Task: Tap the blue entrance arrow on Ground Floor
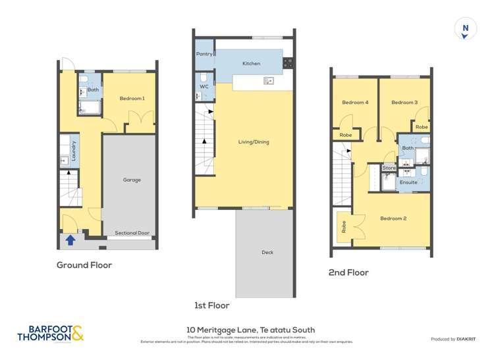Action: pos(70,240)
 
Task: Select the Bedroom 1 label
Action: pos(132,99)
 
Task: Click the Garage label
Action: pos(132,179)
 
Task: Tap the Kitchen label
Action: pos(252,64)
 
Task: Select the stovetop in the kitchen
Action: pos(288,63)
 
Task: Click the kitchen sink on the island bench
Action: pos(269,81)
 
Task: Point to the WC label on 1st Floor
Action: pos(203,85)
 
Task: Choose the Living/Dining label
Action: pos(254,141)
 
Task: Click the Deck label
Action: pos(267,252)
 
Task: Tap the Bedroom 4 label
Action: pos(355,103)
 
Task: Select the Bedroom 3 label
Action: pos(404,103)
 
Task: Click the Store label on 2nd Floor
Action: pos(389,168)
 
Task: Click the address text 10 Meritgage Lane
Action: pos(250,330)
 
